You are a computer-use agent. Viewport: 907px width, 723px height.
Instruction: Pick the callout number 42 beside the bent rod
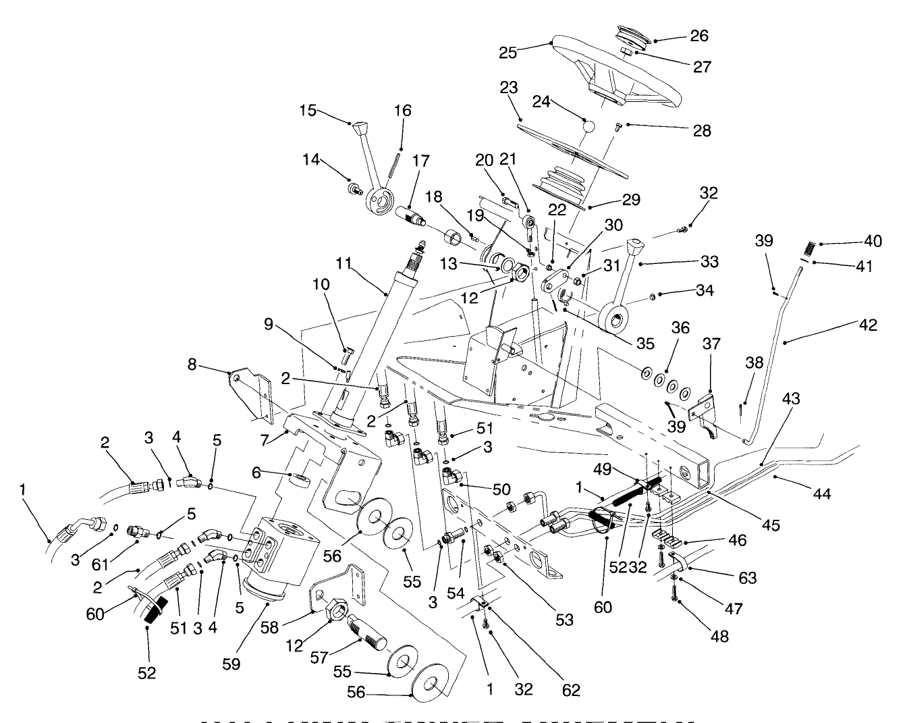pyautogui.click(x=869, y=325)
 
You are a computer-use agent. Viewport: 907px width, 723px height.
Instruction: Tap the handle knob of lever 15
pyautogui.click(x=360, y=128)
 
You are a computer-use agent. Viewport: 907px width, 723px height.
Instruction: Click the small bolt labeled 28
pyautogui.click(x=617, y=126)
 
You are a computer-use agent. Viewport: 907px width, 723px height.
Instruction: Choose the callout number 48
pyautogui.click(x=720, y=635)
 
